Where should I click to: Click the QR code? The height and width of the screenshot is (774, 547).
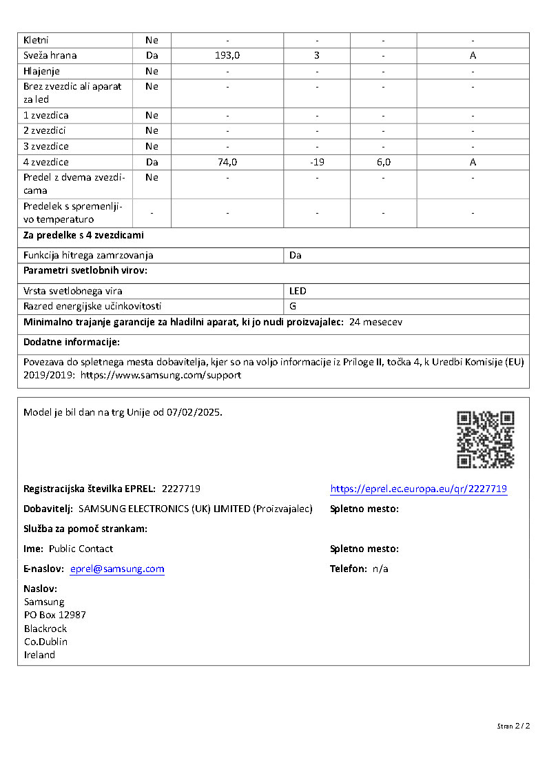coord(485,439)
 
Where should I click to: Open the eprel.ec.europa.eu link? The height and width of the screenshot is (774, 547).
coord(418,489)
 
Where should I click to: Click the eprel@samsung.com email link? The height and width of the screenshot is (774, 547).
coord(117,569)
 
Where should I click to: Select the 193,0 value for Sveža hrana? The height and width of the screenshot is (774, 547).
coord(227,56)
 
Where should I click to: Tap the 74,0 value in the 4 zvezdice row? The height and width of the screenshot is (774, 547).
coord(227,163)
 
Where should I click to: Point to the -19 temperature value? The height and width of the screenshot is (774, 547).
coord(317,163)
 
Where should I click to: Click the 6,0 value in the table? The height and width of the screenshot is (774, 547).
coord(383,163)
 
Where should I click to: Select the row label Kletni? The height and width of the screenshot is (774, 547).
coord(36,41)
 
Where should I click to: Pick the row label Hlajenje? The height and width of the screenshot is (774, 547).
coord(41,71)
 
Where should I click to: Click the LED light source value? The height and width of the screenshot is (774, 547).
coord(298,291)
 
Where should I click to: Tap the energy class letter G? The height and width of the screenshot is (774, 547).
coord(293,306)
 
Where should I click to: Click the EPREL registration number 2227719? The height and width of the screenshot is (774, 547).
coord(180,489)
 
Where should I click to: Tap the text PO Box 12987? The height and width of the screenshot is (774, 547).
coord(54,615)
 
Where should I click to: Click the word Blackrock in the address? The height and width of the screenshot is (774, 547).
coord(45,629)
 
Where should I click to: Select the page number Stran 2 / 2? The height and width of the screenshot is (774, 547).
coord(513,726)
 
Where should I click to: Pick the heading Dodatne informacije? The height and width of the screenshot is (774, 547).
coord(72,342)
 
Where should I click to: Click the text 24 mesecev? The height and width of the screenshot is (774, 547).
coord(375,322)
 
